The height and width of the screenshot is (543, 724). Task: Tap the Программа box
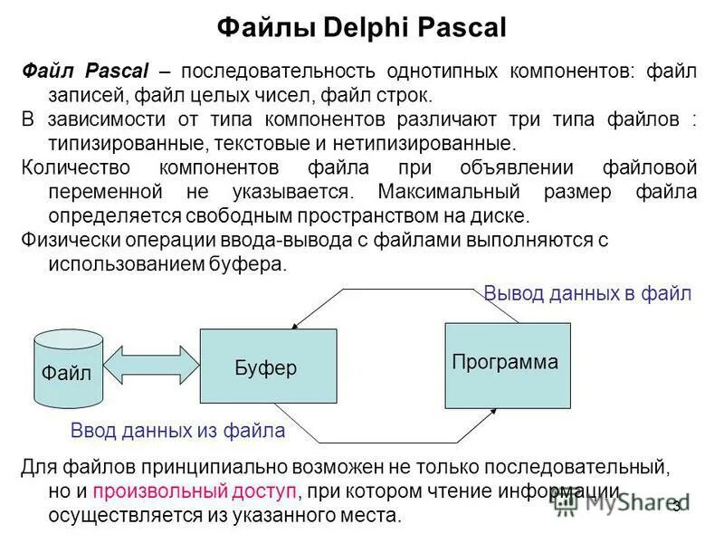[506, 364]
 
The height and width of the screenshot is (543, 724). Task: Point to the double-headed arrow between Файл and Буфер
[151, 366]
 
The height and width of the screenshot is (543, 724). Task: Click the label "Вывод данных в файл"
[587, 294]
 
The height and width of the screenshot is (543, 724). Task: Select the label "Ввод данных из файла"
[178, 432]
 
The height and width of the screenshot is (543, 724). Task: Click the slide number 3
[677, 505]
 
